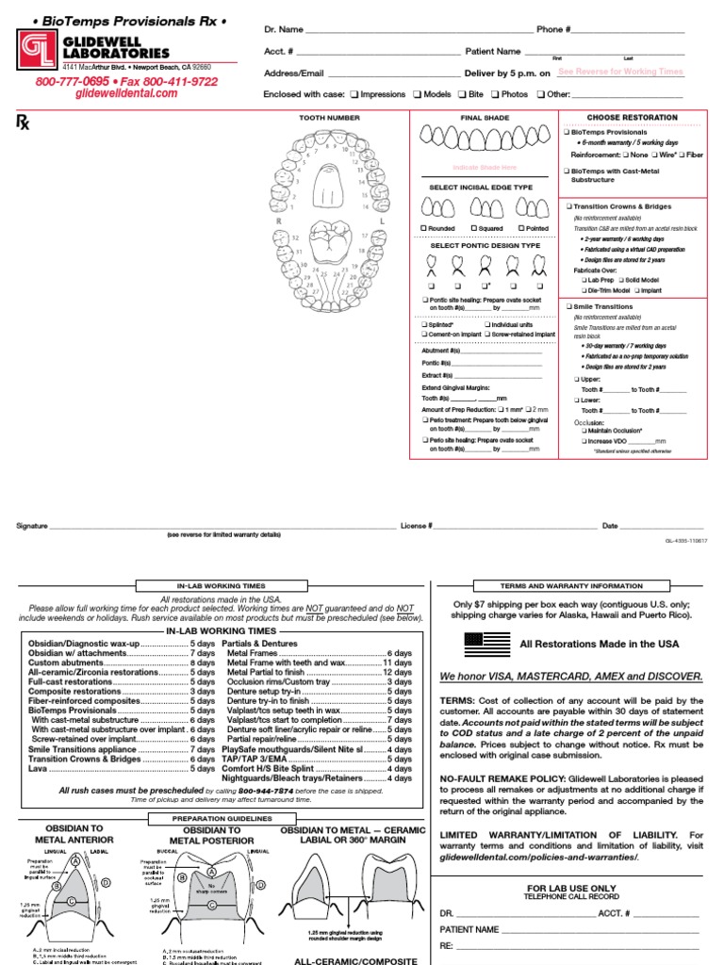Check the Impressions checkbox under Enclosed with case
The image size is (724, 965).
[354, 95]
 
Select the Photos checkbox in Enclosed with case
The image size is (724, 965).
[494, 95]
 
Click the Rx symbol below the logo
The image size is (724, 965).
[23, 121]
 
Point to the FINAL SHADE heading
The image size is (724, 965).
[483, 118]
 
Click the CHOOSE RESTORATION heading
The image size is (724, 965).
[633, 117]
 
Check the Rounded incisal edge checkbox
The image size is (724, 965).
[423, 228]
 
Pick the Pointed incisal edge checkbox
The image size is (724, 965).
[520, 228]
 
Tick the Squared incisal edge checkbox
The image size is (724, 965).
[472, 228]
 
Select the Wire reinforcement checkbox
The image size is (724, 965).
[658, 154]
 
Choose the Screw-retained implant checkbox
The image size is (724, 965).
[487, 335]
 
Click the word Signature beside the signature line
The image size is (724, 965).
[32, 525]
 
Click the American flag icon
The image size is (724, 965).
[485, 644]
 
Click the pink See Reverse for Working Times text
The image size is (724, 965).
[620, 72]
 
